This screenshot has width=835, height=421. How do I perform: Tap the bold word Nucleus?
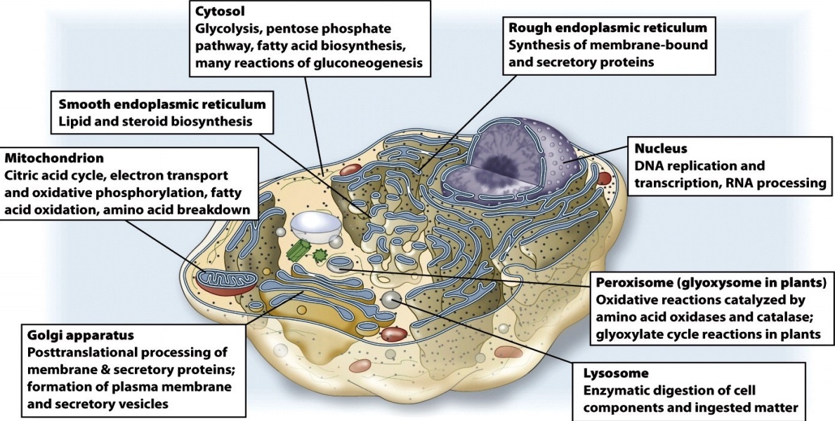pos(660,149)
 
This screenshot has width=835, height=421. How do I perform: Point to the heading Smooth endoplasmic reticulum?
pos(162,104)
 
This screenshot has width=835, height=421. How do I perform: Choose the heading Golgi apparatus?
pos(80,335)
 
